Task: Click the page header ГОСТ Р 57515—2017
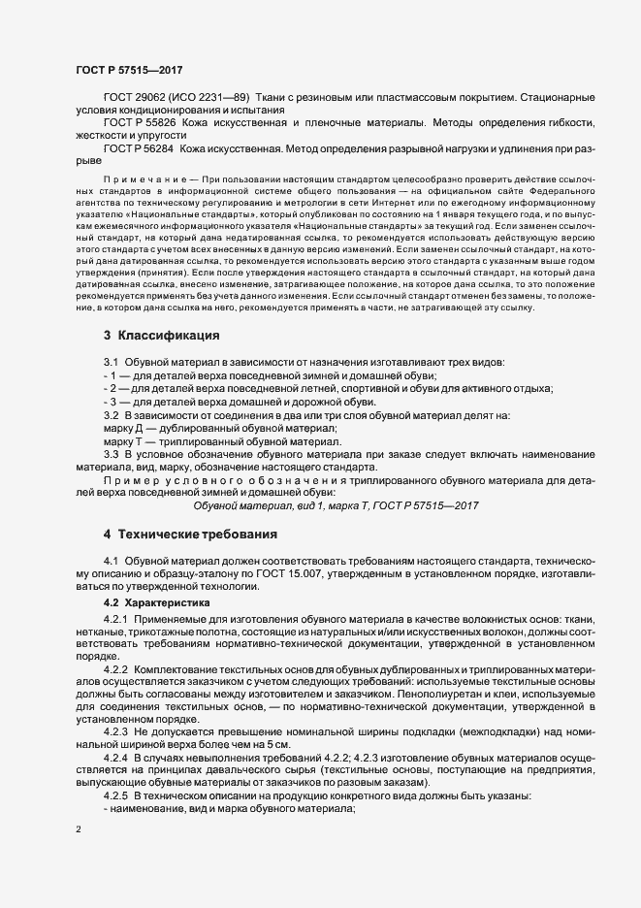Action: coord(129,70)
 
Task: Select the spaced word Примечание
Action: coord(137,180)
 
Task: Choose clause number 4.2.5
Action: coord(116,796)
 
